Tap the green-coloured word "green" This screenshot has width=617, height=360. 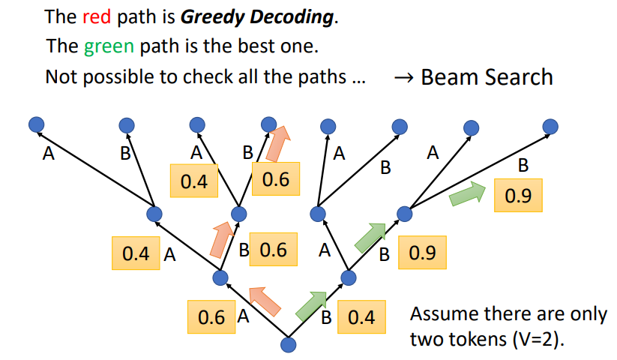click(x=109, y=46)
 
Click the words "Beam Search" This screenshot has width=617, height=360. click(x=487, y=76)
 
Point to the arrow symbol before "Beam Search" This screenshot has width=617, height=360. click(x=403, y=76)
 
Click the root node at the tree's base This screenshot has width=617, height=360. click(x=289, y=344)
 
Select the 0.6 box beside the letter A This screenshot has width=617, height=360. click(x=211, y=317)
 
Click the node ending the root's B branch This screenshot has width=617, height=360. click(x=348, y=278)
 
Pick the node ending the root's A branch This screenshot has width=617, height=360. click(x=220, y=278)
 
